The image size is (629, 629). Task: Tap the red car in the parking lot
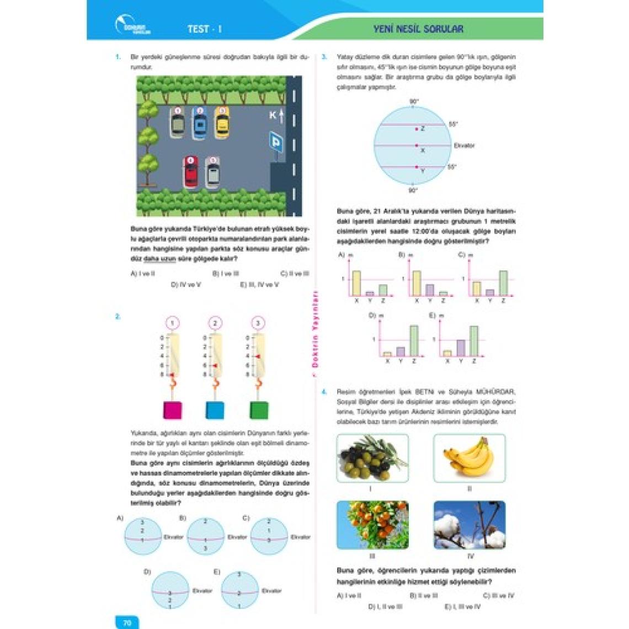(x=190, y=173)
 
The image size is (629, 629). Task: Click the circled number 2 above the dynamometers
(x=215, y=323)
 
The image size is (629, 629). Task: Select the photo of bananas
(x=469, y=457)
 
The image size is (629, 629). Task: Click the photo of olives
(x=372, y=457)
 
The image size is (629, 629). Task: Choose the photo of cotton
(x=469, y=525)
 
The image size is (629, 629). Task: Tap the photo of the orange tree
(x=372, y=525)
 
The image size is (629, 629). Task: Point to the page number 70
(x=127, y=622)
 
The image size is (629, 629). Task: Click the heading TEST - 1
(x=204, y=29)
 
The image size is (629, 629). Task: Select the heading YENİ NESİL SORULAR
(x=418, y=29)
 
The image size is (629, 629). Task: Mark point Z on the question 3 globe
(x=417, y=129)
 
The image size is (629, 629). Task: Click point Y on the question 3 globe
(x=417, y=167)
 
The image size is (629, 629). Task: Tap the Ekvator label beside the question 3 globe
(x=463, y=146)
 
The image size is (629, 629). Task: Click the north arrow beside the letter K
(x=281, y=116)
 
